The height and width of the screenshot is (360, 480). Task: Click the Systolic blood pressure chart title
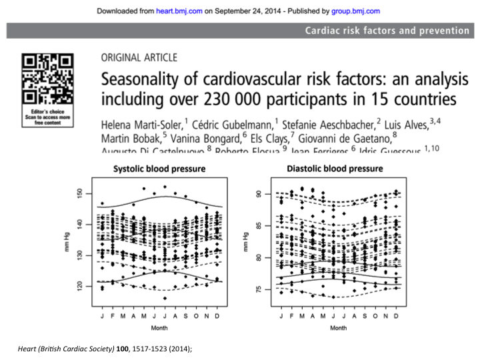click(160, 169)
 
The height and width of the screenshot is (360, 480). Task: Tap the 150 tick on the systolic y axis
click(80, 193)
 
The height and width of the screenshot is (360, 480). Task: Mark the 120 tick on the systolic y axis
click(80, 285)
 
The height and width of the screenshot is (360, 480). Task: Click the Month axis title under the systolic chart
click(160, 328)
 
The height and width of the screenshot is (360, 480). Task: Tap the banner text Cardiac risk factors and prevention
click(387, 30)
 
